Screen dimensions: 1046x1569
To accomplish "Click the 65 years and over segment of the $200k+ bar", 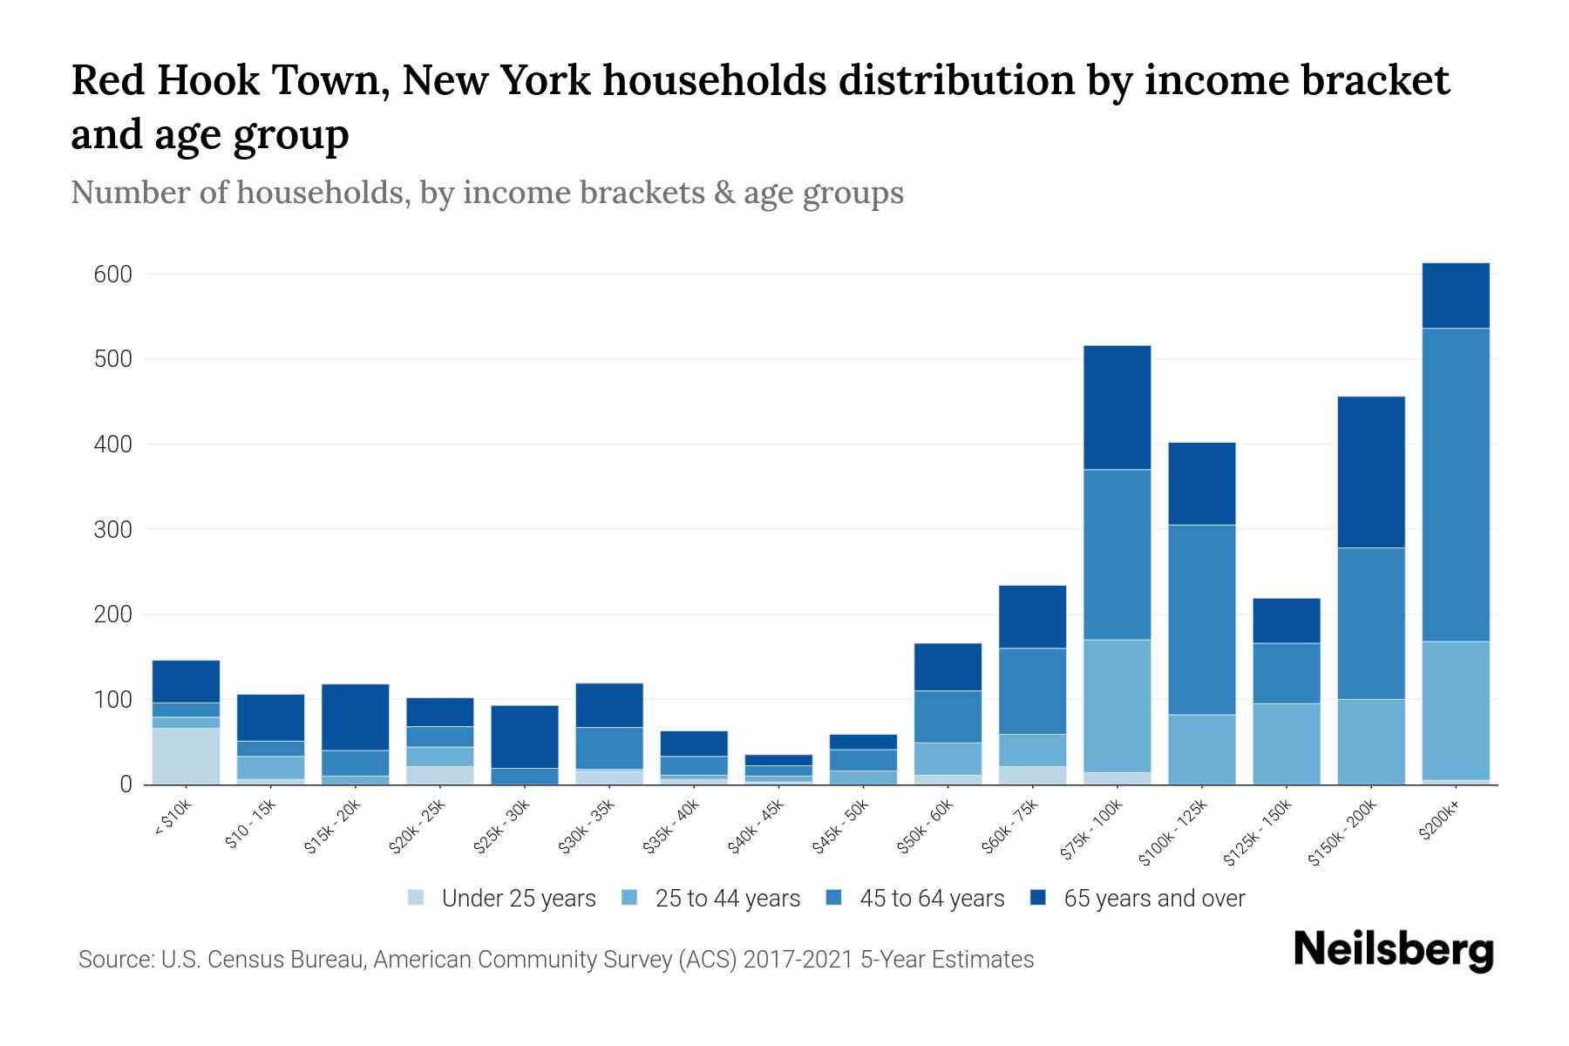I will pos(1455,295).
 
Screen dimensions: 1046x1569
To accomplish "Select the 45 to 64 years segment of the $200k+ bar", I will pos(1455,485).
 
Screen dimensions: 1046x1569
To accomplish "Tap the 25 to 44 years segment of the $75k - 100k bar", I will pos(1117,706).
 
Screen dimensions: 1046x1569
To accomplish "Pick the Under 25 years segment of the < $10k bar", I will pos(186,756).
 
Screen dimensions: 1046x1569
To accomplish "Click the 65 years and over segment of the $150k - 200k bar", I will pos(1370,472).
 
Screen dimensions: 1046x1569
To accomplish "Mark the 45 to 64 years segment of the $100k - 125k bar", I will pos(1201,620).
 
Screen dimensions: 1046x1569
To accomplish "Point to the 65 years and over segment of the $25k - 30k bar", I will pos(525,737).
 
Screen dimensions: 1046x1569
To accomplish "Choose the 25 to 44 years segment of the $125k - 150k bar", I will pos(1286,744).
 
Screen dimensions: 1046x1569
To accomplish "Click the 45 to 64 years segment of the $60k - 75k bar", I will pos(1032,691).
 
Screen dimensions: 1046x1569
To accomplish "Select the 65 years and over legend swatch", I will pos(1038,898).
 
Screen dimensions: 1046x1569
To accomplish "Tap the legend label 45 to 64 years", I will pos(931,899).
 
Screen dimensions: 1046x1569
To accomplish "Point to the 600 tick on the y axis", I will pos(112,275).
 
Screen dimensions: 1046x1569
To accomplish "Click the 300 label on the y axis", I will pos(112,530).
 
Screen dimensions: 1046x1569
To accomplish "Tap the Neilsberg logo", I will pos(1393,951).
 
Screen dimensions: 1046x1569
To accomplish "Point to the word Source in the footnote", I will pos(114,960).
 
